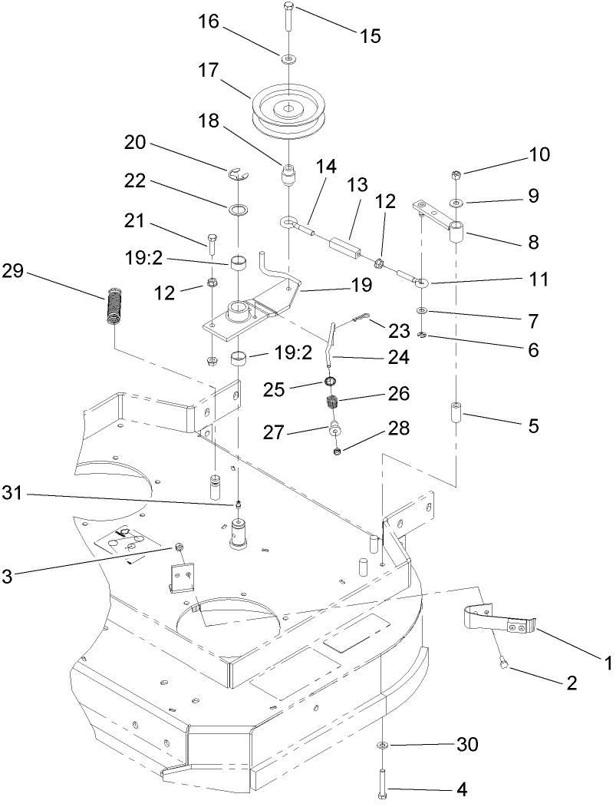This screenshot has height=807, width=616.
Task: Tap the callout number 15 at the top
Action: (x=371, y=35)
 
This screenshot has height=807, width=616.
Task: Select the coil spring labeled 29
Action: (x=113, y=305)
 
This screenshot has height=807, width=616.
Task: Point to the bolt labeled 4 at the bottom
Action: (x=382, y=785)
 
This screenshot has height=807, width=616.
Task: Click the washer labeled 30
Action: (x=382, y=746)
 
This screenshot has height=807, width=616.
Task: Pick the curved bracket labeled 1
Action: (x=499, y=618)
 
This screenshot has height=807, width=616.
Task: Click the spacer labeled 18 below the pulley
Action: (x=288, y=180)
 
